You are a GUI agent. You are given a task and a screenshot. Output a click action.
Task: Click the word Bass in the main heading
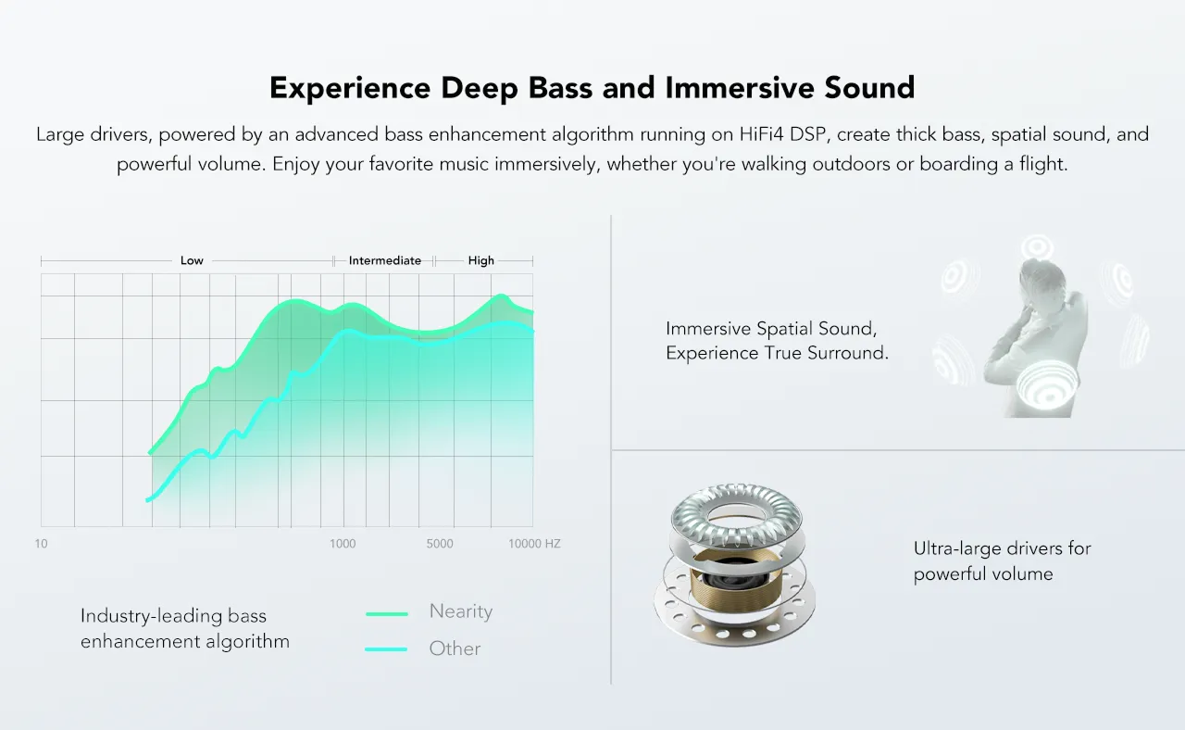[x=560, y=88]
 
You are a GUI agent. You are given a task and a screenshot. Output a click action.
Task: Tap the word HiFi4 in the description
[x=761, y=134]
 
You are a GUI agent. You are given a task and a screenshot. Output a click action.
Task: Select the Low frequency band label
[x=192, y=260]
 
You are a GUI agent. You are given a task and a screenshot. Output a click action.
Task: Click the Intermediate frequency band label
[x=384, y=260]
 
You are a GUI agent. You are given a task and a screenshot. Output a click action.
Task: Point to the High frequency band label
[x=480, y=260]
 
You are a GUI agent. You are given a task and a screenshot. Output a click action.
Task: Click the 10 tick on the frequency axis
[x=41, y=544]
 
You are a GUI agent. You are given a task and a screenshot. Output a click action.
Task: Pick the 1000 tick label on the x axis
[x=343, y=544]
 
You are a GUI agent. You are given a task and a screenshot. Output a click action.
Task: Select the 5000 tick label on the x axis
[x=440, y=544]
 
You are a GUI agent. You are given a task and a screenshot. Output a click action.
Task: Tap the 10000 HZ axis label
[x=534, y=544]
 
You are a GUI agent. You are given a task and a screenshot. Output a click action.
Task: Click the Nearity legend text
[x=461, y=611]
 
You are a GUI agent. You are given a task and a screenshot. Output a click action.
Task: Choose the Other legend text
[x=455, y=648]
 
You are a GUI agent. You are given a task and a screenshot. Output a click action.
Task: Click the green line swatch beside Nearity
[x=387, y=614]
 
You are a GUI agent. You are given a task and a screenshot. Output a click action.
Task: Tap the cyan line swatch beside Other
[x=386, y=649]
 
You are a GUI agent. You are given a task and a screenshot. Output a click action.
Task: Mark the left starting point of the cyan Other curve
[x=147, y=500]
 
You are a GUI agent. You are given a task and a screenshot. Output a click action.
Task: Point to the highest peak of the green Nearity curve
[x=501, y=296]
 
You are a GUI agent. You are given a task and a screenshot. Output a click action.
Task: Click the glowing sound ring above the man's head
[x=1037, y=247]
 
